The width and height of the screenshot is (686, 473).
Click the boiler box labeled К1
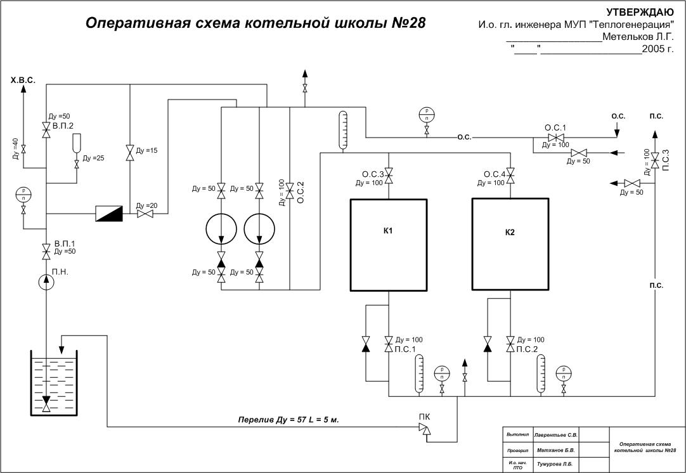388,245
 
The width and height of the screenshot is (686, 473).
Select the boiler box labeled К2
510,243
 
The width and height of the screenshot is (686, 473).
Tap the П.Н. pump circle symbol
46,282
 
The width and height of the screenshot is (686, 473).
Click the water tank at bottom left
54,384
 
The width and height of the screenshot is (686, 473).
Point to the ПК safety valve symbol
424,430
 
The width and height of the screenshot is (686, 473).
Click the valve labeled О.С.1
556,138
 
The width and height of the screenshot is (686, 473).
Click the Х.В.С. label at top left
23,82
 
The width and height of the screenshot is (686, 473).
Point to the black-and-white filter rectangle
108,214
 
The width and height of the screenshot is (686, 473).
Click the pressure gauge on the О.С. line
427,115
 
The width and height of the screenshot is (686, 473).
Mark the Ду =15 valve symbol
130,153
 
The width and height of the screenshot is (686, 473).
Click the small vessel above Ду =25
77,142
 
